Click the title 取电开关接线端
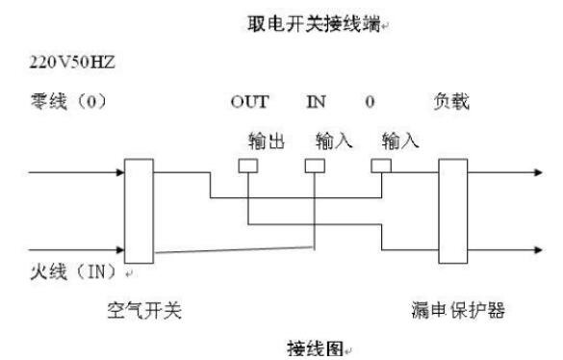[x=314, y=24]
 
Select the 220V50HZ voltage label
[x=72, y=63]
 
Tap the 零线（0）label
[x=68, y=101]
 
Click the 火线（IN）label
[x=73, y=271]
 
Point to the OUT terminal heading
[x=249, y=102]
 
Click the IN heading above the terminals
[x=316, y=102]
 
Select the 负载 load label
[x=451, y=101]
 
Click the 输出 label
[x=267, y=141]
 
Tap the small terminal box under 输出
[x=248, y=166]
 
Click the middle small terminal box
[x=315, y=166]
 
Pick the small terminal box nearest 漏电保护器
[x=381, y=166]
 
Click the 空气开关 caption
[x=144, y=310]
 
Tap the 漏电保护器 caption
[x=458, y=310]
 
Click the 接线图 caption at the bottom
[x=316, y=348]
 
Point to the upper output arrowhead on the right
[x=538, y=172]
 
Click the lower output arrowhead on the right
[x=538, y=249]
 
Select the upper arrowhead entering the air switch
[x=120, y=172]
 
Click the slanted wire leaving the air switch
[x=234, y=249]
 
